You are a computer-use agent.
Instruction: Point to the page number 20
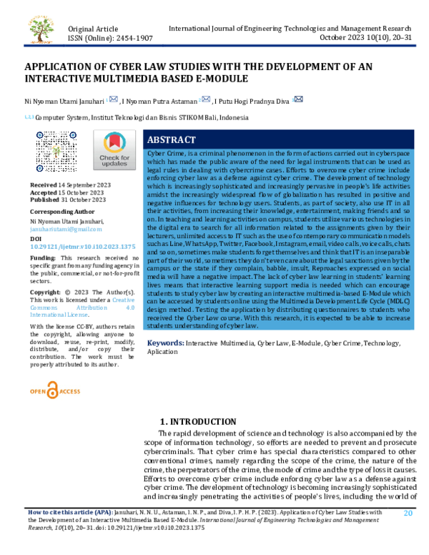click(408, 513)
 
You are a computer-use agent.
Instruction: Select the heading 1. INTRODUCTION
click(197, 422)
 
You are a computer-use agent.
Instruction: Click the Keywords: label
click(166, 343)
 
